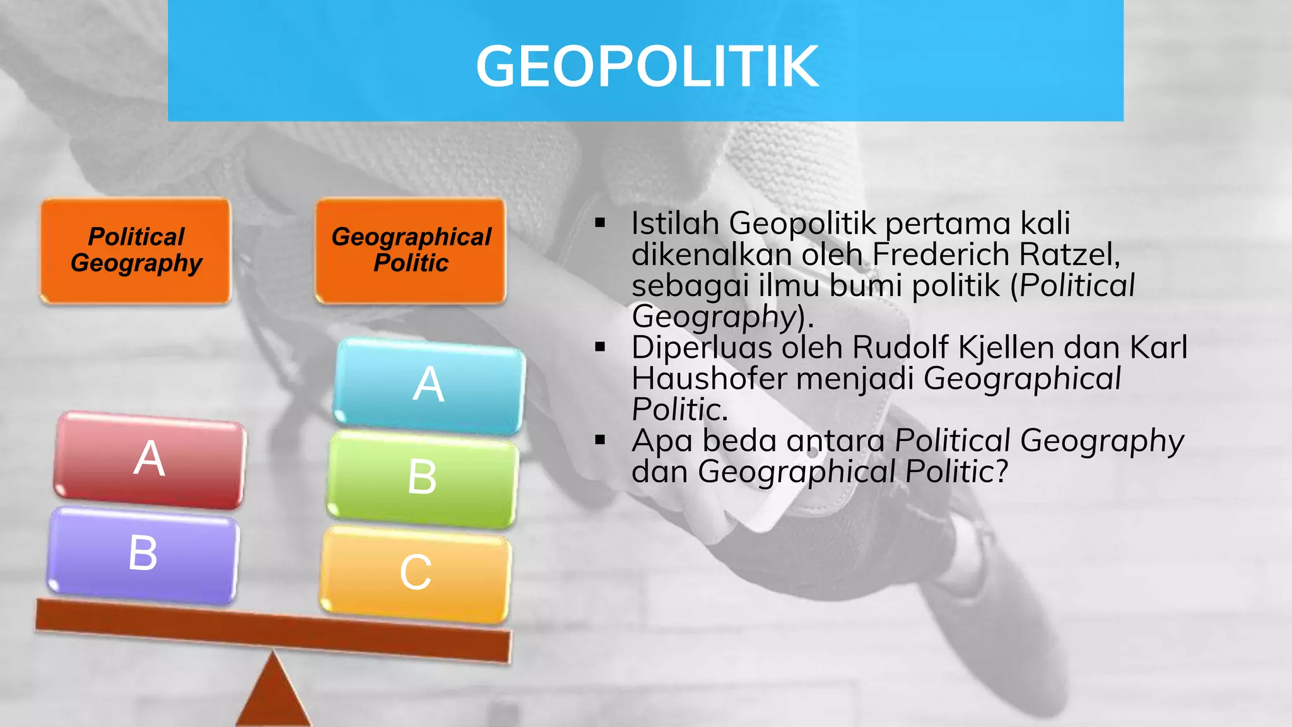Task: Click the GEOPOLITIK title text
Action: tap(647, 66)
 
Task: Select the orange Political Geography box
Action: tap(136, 251)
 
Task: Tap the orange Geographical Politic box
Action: tap(411, 251)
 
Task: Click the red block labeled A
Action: tap(150, 459)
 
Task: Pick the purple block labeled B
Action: tap(143, 554)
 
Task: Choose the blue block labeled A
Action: tap(429, 385)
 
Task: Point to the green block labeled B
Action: tap(422, 478)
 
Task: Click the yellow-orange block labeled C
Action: tap(416, 573)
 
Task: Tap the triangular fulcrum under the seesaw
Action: tap(273, 694)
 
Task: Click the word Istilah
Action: tap(675, 223)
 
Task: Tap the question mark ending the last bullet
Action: tap(1002, 471)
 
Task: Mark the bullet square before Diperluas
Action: tap(600, 347)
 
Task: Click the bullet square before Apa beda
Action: tap(600, 440)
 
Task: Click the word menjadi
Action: tap(855, 379)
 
